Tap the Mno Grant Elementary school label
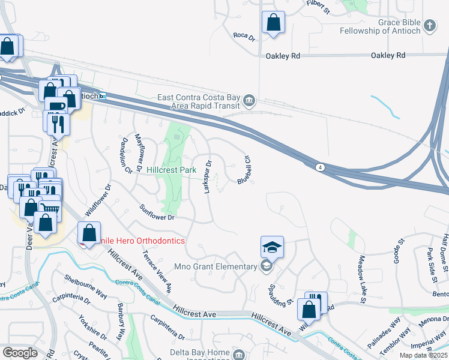click(224, 266)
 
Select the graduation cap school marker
click(271, 247)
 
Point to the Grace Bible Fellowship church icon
click(429, 25)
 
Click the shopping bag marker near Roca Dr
click(273, 23)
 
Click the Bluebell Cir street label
click(244, 169)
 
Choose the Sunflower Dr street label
click(157, 212)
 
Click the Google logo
click(20, 353)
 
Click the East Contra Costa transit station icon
click(249, 100)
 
